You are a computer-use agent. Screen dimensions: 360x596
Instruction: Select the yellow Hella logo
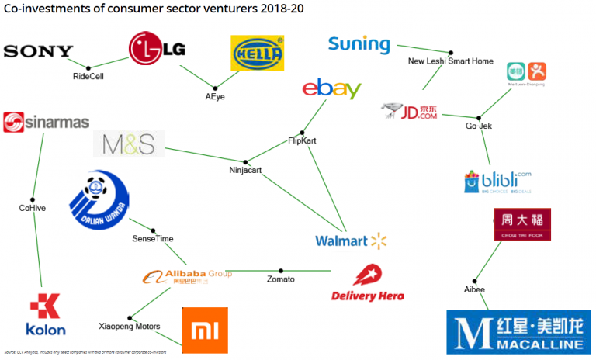(258, 54)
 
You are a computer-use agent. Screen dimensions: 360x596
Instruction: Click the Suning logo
(359, 44)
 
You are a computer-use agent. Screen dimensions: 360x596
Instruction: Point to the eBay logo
(331, 89)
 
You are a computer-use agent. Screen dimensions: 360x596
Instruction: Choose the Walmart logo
(351, 241)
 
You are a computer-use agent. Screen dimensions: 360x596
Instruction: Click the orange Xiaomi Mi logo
(204, 330)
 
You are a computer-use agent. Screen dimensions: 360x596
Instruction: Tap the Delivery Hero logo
(367, 283)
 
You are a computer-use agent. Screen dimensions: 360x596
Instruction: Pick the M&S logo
(128, 144)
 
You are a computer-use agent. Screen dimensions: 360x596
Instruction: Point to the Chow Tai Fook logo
(521, 224)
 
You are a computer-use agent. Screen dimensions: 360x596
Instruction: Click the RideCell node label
(88, 77)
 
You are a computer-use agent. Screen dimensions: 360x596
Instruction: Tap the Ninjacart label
(247, 170)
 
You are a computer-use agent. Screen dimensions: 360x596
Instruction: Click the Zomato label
(280, 279)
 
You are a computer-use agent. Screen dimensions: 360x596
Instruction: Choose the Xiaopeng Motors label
(129, 327)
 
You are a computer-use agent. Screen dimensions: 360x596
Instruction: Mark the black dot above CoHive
(33, 196)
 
